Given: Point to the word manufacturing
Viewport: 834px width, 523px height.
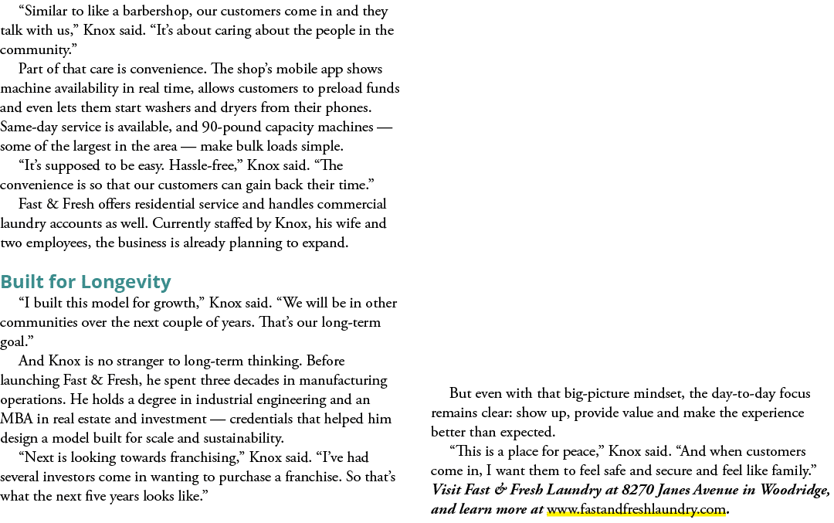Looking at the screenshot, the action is [x=343, y=381].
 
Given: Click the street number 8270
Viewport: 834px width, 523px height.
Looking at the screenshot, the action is [x=636, y=490].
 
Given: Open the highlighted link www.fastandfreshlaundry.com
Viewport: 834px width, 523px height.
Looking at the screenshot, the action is [x=636, y=509].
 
